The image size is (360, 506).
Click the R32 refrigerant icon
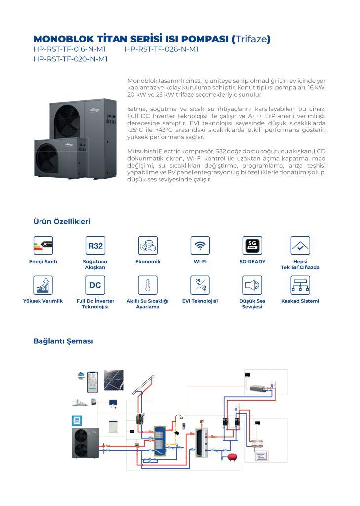pyautogui.click(x=95, y=245)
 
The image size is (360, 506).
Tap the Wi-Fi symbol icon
pyautogui.click(x=200, y=245)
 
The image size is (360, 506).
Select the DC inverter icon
pyautogui.click(x=95, y=285)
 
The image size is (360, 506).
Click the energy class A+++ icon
pyautogui.click(x=43, y=245)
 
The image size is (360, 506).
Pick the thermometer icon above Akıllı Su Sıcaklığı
pyautogui.click(x=148, y=285)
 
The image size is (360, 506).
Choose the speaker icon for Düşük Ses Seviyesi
pyautogui.click(x=252, y=285)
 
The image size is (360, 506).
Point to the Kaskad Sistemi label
pyautogui.click(x=300, y=301)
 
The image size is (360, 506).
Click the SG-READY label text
pyautogui.click(x=252, y=261)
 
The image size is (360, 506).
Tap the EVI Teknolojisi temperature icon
pyautogui.click(x=200, y=285)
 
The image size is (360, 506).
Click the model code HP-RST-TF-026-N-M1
pyautogui.click(x=161, y=49)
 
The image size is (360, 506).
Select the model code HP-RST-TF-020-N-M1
pyautogui.click(x=70, y=59)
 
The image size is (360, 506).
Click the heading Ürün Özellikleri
pyautogui.click(x=62, y=222)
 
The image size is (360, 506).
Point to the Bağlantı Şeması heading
pyautogui.click(x=63, y=341)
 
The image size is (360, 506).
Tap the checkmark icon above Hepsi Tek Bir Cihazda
pyautogui.click(x=300, y=245)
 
